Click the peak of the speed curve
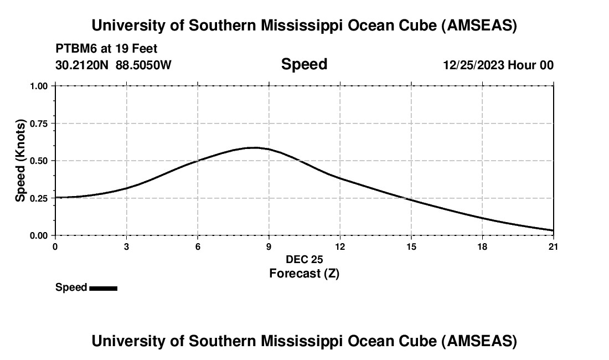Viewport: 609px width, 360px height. (x=254, y=147)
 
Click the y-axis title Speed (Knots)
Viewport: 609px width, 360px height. (x=20, y=161)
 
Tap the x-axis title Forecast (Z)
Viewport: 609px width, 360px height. (x=304, y=273)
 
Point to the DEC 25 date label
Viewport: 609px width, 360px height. (x=304, y=259)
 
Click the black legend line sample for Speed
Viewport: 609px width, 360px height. (x=103, y=288)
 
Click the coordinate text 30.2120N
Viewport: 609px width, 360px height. (x=83, y=65)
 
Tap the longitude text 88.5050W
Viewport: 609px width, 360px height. (x=143, y=65)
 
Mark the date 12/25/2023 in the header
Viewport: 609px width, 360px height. (x=473, y=65)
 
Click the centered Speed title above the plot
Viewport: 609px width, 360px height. (x=304, y=64)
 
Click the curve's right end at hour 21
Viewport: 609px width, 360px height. (x=553, y=230)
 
